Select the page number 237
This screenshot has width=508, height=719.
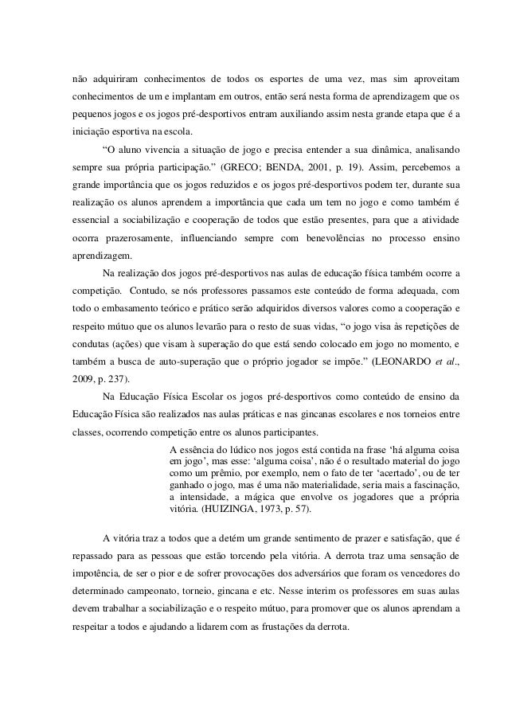pyautogui.click(x=119, y=378)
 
